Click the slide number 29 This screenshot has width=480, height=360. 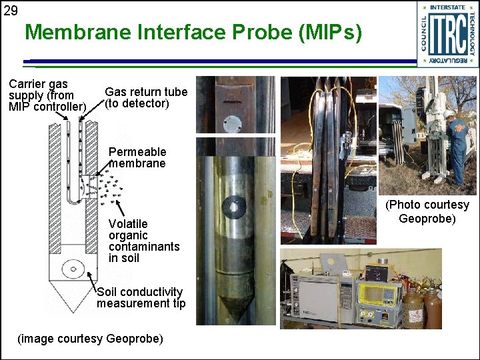(11, 10)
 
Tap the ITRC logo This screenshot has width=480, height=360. (448, 34)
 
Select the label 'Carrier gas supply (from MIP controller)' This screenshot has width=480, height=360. (47, 95)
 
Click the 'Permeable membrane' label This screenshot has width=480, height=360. (137, 157)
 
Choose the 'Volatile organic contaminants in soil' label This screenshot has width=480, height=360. (143, 241)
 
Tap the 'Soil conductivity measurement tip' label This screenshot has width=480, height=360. (140, 297)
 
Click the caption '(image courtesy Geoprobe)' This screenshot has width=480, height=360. (90, 339)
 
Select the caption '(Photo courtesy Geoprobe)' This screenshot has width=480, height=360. (427, 211)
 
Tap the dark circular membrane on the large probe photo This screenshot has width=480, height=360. (233, 207)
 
